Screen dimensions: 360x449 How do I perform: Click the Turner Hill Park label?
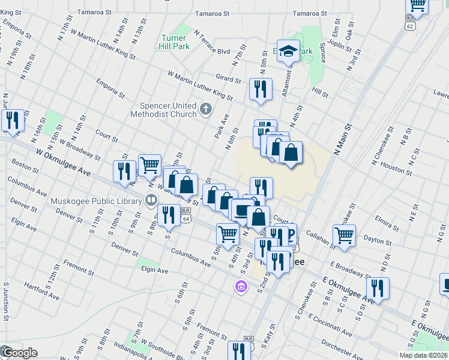(x=175, y=41)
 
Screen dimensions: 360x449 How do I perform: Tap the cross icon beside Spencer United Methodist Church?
(x=206, y=109)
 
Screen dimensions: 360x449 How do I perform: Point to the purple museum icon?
(x=241, y=287)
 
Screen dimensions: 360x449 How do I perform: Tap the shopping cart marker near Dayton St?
(x=345, y=236)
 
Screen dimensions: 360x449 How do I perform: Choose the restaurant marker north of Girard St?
(x=261, y=89)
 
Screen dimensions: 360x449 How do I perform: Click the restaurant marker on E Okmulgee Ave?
(x=378, y=288)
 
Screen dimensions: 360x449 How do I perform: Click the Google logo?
(x=19, y=353)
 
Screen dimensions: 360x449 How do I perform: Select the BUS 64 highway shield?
(x=186, y=214)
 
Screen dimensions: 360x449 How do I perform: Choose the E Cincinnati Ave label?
(x=330, y=323)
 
